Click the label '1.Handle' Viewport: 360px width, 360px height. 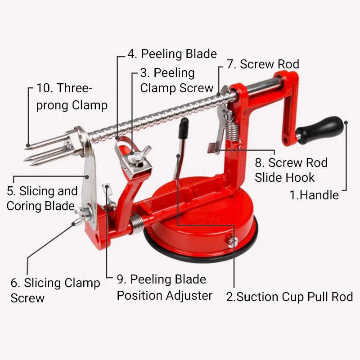tap(314, 195)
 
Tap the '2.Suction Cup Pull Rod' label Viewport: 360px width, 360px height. tap(289, 297)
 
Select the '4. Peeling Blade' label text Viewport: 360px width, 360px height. tap(172, 54)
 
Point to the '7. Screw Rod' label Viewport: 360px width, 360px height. tap(263, 64)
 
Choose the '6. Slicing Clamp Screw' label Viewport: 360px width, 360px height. tap(55, 290)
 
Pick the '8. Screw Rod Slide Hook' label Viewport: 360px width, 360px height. tap(291, 170)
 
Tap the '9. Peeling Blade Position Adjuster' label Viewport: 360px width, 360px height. tap(164, 287)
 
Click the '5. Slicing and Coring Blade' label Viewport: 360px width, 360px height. tap(42, 198)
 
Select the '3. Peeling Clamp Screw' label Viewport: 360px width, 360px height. tap(176, 80)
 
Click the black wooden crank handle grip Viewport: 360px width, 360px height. tap(322, 129)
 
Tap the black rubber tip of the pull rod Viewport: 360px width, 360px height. tap(183, 128)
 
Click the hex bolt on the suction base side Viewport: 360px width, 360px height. tap(232, 242)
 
